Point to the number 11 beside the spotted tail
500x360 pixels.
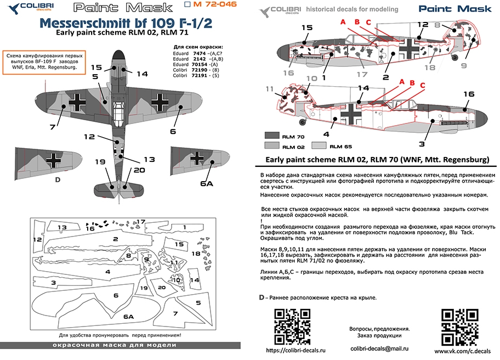(x=269, y=88)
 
